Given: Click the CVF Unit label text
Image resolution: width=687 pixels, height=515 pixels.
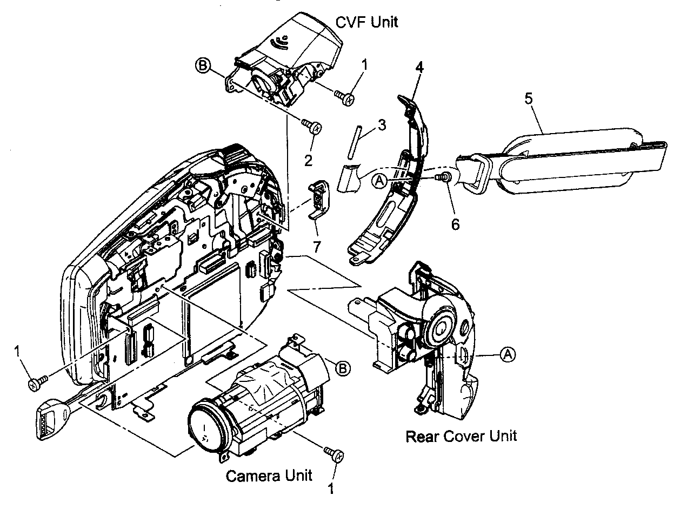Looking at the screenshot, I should click(x=367, y=22).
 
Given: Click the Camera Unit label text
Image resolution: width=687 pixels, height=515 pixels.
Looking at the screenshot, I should click(x=269, y=476).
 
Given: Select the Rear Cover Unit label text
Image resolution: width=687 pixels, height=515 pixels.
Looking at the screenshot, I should click(x=461, y=435).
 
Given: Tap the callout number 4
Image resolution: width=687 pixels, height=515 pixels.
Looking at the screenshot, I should click(x=419, y=68).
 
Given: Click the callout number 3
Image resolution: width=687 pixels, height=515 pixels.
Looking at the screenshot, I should click(x=382, y=125).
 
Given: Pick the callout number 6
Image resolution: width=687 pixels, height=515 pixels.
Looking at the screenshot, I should click(x=455, y=223).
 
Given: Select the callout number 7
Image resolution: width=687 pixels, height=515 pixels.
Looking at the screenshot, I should click(x=317, y=247).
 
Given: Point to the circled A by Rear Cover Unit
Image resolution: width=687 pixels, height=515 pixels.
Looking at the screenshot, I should click(x=507, y=354).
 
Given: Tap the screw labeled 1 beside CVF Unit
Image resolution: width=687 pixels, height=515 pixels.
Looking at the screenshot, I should click(x=344, y=97).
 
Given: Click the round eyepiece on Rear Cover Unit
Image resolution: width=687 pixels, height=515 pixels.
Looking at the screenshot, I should click(x=441, y=327).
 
